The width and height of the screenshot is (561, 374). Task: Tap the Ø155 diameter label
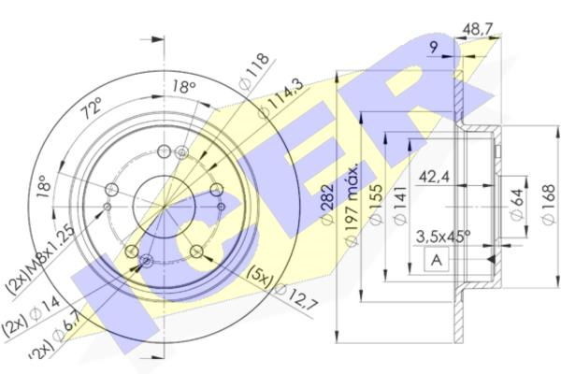click(374, 208)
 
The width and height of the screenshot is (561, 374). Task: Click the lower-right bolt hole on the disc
click(196, 251)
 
